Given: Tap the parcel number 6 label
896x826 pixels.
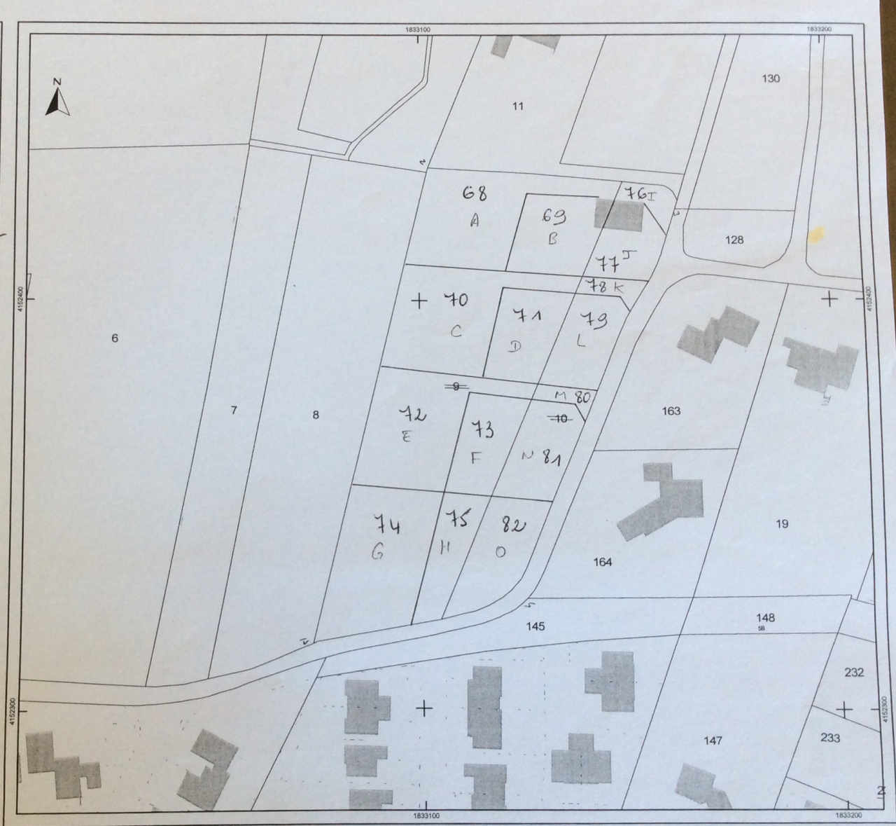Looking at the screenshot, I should pyautogui.click(x=115, y=338).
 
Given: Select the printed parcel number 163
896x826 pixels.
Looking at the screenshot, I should pyautogui.click(x=671, y=411).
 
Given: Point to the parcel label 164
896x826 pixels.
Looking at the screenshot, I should pyautogui.click(x=602, y=562).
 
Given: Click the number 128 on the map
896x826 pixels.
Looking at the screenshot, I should pyautogui.click(x=734, y=240).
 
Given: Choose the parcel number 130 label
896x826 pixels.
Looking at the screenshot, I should pyautogui.click(x=770, y=78).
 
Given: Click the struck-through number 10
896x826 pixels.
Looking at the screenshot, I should pyautogui.click(x=560, y=419).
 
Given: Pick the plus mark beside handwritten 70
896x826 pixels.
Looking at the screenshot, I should pyautogui.click(x=419, y=301).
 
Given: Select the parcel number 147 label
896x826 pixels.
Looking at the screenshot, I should pyautogui.click(x=713, y=741).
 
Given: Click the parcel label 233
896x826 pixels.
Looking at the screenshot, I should pyautogui.click(x=830, y=738).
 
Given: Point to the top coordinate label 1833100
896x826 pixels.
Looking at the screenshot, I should pyautogui.click(x=417, y=29).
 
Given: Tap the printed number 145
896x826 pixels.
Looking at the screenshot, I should pyautogui.click(x=535, y=626).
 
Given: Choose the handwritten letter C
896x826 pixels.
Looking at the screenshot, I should pyautogui.click(x=456, y=331).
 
